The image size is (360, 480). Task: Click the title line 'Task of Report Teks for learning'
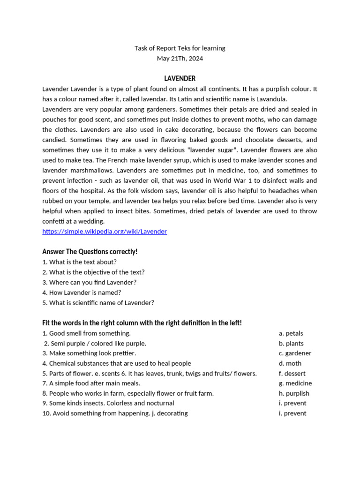tap(180, 48)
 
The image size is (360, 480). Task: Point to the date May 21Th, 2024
tap(180, 59)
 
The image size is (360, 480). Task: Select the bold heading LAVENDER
tap(180, 78)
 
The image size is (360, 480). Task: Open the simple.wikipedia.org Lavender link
tap(105, 232)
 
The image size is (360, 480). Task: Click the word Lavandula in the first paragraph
tap(270, 99)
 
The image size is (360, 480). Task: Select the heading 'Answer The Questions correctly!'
tap(90, 252)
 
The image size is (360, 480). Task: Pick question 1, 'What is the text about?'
tap(79, 262)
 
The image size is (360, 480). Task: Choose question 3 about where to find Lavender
tap(89, 282)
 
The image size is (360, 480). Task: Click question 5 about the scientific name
tap(98, 303)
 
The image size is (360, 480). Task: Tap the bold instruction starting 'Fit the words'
tap(142, 323)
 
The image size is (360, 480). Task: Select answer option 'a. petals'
tap(291, 333)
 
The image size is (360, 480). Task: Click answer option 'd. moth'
tap(290, 363)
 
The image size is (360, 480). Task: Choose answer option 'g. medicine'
tap(295, 383)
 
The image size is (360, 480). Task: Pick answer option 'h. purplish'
tap(294, 394)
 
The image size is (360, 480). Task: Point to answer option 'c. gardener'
tap(295, 353)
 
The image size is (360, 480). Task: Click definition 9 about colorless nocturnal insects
tap(108, 403)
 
